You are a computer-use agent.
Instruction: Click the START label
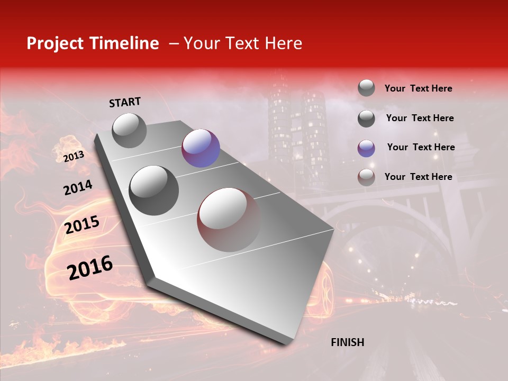pyautogui.click(x=125, y=102)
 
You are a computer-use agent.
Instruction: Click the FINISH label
pyautogui.click(x=347, y=342)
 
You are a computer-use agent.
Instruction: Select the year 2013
pyautogui.click(x=74, y=156)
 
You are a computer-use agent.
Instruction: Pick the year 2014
pyautogui.click(x=78, y=188)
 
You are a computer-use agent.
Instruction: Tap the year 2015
pyautogui.click(x=81, y=225)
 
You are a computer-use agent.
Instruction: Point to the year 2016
pyautogui.click(x=90, y=268)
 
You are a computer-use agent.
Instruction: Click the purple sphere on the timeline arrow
pyautogui.click(x=201, y=148)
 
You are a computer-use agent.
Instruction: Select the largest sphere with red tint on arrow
pyautogui.click(x=229, y=220)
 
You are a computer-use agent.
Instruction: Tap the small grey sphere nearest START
pyautogui.click(x=129, y=130)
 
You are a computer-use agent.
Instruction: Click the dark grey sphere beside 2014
pyautogui.click(x=154, y=190)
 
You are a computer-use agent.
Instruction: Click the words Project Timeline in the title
pyautogui.click(x=93, y=43)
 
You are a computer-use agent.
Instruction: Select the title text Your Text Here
pyautogui.click(x=243, y=43)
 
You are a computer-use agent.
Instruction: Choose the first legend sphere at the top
pyautogui.click(x=366, y=88)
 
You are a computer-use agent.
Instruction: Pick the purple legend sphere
pyautogui.click(x=366, y=148)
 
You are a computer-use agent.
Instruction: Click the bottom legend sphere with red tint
pyautogui.click(x=366, y=177)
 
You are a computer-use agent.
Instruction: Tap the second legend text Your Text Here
pyautogui.click(x=420, y=118)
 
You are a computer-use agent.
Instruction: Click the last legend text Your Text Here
pyautogui.click(x=418, y=177)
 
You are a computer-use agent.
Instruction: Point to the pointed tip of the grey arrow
pyautogui.click(x=286, y=343)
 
